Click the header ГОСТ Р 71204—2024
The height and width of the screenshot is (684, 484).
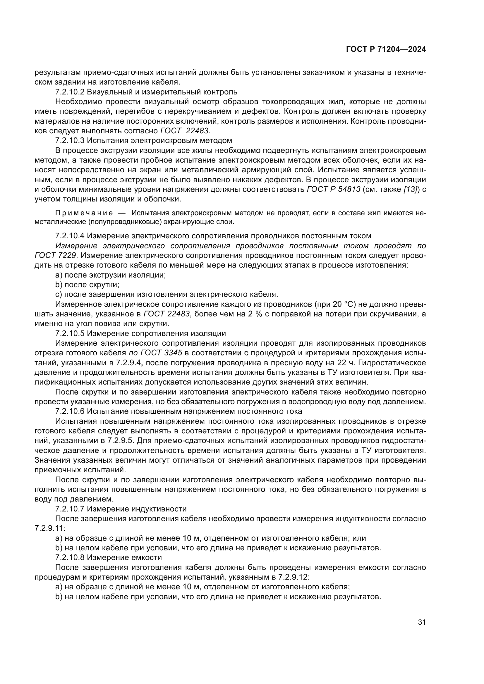tap(386, 49)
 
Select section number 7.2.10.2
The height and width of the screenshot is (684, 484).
tap(70, 92)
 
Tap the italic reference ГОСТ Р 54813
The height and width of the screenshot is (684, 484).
tap(334, 189)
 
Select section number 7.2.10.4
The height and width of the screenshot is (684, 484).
tap(70, 236)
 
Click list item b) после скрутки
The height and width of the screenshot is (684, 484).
tap(87, 285)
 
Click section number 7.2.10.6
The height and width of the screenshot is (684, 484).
tap(70, 411)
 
